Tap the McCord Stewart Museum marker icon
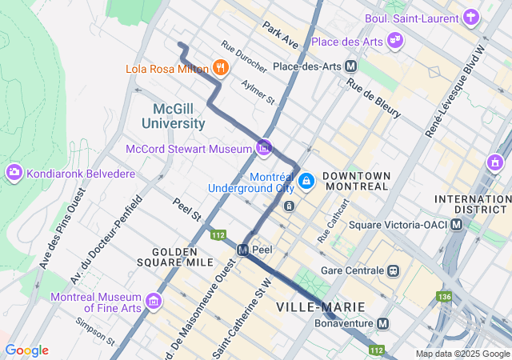tap(263, 147)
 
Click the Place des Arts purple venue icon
tap(394, 39)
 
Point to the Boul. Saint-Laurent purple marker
tap(472, 16)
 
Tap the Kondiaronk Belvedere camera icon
tap(14, 173)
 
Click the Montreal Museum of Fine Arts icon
tap(153, 302)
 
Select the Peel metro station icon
tap(242, 250)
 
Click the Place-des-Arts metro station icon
tap(350, 67)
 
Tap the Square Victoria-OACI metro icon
tap(456, 224)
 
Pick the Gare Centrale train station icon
tap(393, 270)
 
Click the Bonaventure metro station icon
tap(383, 324)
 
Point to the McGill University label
tap(174, 115)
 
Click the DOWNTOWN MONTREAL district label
tap(356, 181)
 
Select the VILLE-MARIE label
tap(320, 307)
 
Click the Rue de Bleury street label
tap(374, 99)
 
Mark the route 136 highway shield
tap(444, 297)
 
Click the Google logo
tap(26, 350)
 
